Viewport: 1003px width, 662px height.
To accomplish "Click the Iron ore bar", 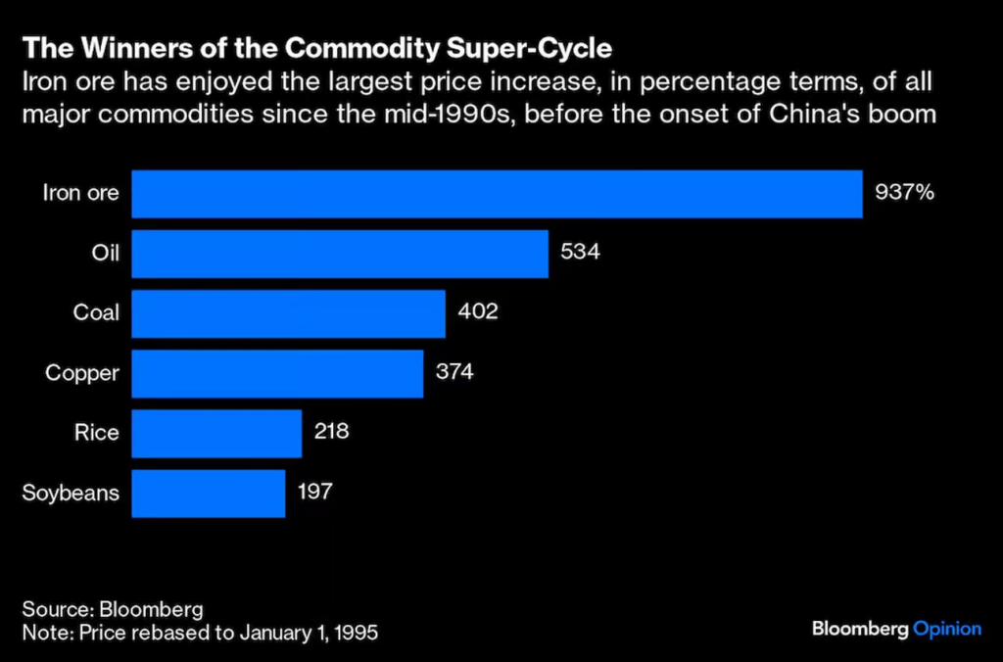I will click(497, 194).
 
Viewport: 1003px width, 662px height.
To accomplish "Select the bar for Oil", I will click(339, 254).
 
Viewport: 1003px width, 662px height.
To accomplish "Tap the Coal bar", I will click(288, 313).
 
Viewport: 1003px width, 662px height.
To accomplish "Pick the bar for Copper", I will click(277, 373).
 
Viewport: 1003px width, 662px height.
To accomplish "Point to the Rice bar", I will click(216, 433).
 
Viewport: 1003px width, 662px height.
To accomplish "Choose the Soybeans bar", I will click(208, 493).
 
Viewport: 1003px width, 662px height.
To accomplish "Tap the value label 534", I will click(580, 253).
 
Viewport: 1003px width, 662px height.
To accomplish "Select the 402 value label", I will click(478, 312).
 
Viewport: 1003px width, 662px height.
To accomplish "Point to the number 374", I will click(455, 372).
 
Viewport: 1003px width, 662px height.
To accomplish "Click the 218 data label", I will click(332, 432).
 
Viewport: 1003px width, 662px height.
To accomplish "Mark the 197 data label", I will click(315, 492).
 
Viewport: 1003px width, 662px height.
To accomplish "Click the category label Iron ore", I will click(81, 193).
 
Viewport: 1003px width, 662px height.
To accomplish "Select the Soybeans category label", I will click(71, 493).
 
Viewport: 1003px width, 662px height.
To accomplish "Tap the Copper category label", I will click(82, 373).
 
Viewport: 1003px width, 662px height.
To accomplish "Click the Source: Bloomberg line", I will click(113, 608).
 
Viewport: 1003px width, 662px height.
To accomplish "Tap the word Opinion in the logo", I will click(946, 629).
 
